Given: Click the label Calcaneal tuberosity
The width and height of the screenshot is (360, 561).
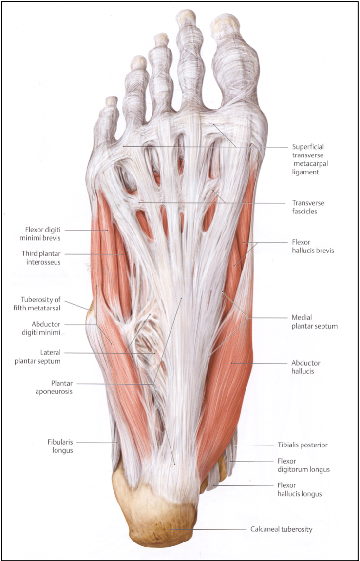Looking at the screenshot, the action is tap(281, 529).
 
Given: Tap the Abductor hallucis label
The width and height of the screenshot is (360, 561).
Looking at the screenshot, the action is tap(306, 367).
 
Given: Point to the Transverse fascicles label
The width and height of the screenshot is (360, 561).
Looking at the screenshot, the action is tap(308, 207).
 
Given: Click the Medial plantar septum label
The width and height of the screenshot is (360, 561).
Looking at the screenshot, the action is tap(314, 322).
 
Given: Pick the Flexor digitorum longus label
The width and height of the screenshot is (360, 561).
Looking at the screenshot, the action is tap(303, 465).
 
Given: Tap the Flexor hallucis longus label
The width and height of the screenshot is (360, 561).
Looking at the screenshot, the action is tap(299, 490).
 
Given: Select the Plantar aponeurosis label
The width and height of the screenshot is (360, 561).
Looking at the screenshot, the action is tap(62, 387).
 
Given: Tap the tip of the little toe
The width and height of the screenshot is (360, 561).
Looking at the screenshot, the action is tap(112, 100).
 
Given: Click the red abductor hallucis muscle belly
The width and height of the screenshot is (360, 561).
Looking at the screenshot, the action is tap(227, 380).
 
